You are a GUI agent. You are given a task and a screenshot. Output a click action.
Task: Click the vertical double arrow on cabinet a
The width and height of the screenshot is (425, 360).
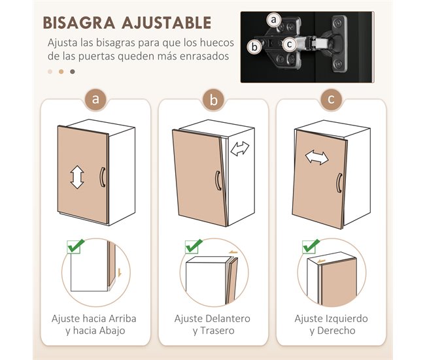coord(76,177)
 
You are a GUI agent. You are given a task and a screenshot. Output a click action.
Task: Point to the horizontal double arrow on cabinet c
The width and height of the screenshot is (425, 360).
coord(316,158)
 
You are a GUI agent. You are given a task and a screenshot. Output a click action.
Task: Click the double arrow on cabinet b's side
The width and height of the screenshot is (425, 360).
coord(240,149)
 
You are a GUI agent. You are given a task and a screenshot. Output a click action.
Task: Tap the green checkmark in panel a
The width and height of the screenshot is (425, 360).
coord(76,246)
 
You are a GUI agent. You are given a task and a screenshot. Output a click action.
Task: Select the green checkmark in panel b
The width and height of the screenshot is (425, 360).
coord(194,246)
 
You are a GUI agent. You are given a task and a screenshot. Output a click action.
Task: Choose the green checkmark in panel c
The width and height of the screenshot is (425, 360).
coord(311,246)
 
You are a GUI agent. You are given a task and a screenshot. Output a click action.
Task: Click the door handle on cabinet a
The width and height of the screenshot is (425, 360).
coord(102,177)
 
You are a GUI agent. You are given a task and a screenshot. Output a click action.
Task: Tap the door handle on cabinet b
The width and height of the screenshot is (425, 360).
coord(216,180)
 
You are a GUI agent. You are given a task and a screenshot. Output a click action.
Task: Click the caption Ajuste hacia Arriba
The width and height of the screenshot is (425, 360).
coord(95,318)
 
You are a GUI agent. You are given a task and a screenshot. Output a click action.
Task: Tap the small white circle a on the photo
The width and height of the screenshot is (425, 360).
coord(275,21)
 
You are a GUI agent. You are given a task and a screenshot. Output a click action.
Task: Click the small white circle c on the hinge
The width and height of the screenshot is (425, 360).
coord(288,44)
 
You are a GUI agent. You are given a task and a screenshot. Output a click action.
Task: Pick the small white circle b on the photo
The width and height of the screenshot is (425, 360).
coord(254,46)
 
